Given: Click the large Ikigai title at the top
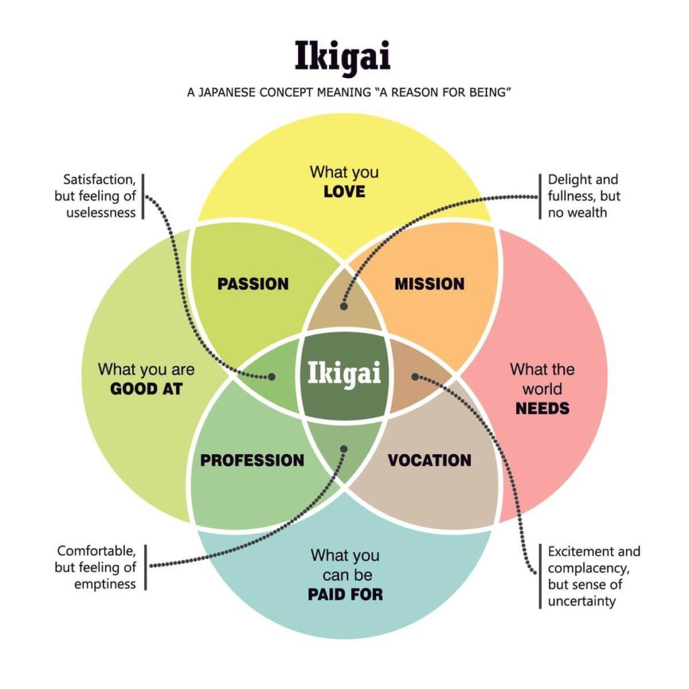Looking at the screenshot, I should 342,57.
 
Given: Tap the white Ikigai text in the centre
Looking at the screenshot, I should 344,372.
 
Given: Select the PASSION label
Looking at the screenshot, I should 253,284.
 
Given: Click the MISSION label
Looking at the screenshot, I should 429,284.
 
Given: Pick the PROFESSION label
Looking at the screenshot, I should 252,461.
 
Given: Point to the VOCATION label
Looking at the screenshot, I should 429,461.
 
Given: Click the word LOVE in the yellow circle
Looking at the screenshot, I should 344,192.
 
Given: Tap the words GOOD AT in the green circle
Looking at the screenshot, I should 146,389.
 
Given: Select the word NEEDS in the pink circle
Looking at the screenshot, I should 542,408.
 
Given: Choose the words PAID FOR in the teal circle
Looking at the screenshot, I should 345,595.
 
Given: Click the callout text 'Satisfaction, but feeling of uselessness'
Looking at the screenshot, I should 100,196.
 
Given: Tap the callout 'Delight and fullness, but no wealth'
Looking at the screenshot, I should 583,196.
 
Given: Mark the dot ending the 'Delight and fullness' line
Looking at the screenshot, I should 344,306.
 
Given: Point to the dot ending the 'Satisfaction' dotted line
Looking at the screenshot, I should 272,377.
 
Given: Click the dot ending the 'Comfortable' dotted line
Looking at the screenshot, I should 344,447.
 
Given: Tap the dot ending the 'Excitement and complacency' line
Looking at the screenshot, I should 414,376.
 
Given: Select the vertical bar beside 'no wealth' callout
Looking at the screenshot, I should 540,196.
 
